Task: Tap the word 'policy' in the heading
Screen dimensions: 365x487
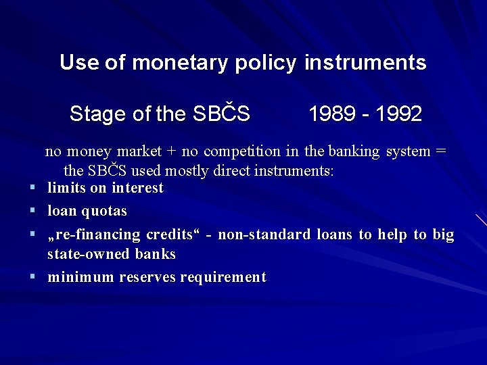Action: pos(266,63)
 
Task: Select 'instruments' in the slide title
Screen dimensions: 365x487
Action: pos(365,63)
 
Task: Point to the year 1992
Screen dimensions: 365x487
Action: pos(398,114)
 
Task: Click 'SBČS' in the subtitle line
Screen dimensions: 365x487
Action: pos(221,114)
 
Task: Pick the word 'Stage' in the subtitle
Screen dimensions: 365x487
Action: pos(99,114)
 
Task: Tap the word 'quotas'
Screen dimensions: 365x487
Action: pos(104,212)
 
